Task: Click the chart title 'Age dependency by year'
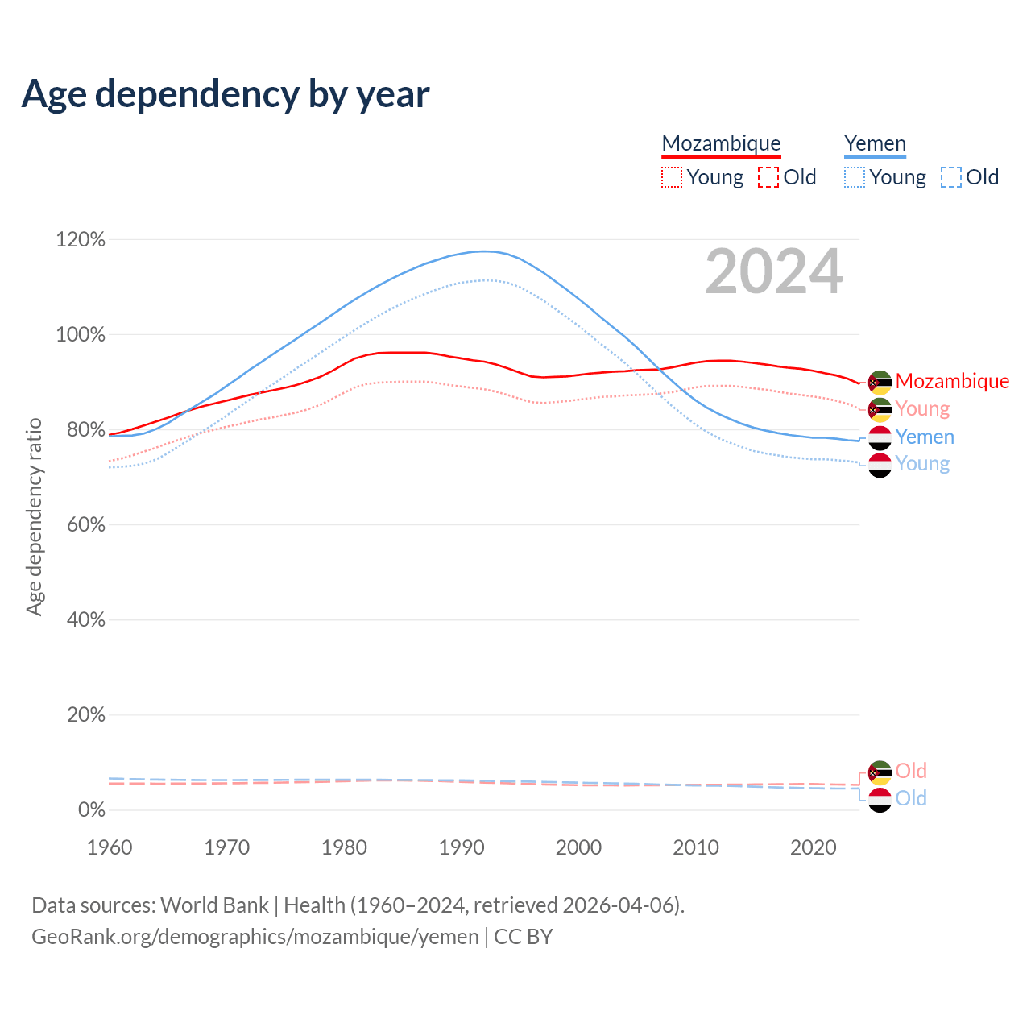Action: pyautogui.click(x=226, y=94)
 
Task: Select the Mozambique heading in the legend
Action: pyautogui.click(x=721, y=143)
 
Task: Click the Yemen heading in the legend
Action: pyautogui.click(x=875, y=143)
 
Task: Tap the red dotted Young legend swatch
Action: pyautogui.click(x=672, y=177)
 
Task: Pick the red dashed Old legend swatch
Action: pyautogui.click(x=768, y=177)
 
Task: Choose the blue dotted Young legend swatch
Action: pyautogui.click(x=855, y=177)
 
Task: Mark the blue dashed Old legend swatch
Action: pyautogui.click(x=951, y=177)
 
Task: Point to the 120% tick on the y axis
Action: pyautogui.click(x=81, y=240)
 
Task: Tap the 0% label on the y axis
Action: pyautogui.click(x=91, y=810)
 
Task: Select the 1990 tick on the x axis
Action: pyautogui.click(x=462, y=847)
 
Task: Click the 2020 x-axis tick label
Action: pyautogui.click(x=814, y=847)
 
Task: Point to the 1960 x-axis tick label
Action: pyautogui.click(x=110, y=847)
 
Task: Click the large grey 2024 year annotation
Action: pyautogui.click(x=774, y=271)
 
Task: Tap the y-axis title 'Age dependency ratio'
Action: pyautogui.click(x=34, y=516)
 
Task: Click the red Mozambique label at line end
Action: pyautogui.click(x=952, y=381)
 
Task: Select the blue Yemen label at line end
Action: pyautogui.click(x=925, y=437)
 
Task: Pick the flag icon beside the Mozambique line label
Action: pyautogui.click(x=880, y=382)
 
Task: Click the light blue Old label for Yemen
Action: pyautogui.click(x=911, y=798)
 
